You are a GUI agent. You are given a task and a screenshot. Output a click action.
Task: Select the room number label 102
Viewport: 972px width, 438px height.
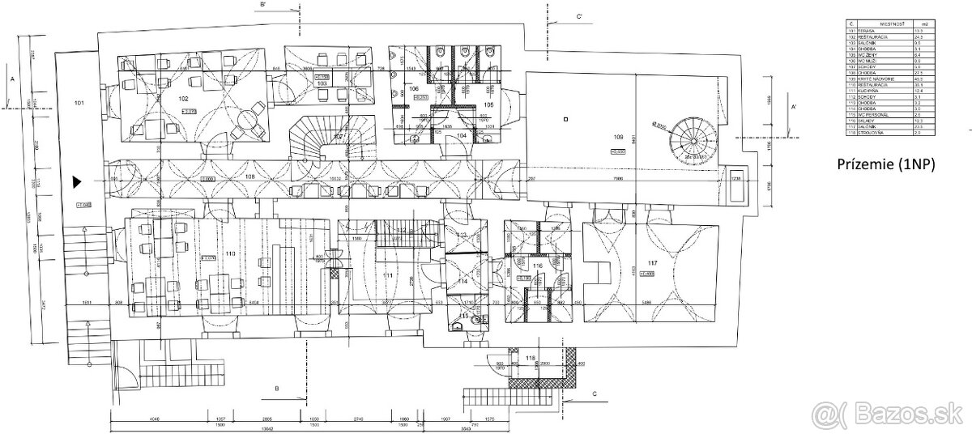pos(183,98)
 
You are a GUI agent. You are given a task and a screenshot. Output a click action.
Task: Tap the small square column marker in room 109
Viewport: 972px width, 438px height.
pos(565,119)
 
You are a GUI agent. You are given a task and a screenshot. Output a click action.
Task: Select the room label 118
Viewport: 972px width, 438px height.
pos(531,356)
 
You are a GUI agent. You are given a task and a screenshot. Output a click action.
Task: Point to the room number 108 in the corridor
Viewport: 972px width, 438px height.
pos(249,176)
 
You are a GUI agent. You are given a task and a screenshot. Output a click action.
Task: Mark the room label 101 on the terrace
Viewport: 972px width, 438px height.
pos(79,104)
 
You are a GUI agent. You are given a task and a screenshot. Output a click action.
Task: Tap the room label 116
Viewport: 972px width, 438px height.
pos(537,264)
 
